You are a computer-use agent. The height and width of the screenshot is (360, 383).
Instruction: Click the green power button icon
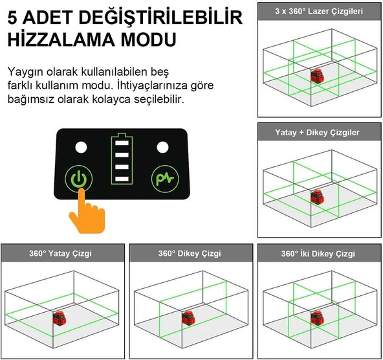tap(79, 179)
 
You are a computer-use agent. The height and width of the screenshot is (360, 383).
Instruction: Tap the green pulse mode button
tap(165, 179)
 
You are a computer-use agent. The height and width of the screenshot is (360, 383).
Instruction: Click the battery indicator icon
tap(122, 159)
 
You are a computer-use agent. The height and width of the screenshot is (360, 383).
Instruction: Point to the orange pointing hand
tap(87, 212)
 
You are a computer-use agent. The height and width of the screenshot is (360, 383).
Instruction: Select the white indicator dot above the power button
tap(81, 148)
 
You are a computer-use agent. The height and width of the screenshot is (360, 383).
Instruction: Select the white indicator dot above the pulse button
tap(162, 148)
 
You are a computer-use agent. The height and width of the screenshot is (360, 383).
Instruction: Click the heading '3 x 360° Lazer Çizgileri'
tap(319, 11)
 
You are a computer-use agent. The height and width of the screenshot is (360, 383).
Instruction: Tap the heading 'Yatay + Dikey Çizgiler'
tap(317, 133)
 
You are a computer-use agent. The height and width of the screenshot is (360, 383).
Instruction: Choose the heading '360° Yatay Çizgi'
tap(61, 253)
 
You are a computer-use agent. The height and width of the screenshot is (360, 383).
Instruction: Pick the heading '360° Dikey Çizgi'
tap(190, 253)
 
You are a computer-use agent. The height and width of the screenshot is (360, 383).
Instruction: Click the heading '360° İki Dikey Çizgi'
tap(318, 254)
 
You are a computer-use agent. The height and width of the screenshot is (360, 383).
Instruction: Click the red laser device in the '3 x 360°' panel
tap(318, 76)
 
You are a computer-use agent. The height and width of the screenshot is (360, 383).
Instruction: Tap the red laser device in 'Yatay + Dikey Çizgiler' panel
tap(318, 197)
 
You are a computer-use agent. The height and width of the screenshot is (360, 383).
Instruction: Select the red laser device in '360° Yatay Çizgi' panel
tap(60, 318)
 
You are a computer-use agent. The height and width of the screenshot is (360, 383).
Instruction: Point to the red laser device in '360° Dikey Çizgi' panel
tap(188, 318)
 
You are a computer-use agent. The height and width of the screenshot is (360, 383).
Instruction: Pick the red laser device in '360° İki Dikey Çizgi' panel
tap(318, 318)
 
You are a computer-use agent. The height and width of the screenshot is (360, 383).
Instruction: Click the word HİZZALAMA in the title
tap(61, 39)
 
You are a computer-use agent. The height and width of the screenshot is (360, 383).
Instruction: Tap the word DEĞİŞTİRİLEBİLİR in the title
tap(160, 17)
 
